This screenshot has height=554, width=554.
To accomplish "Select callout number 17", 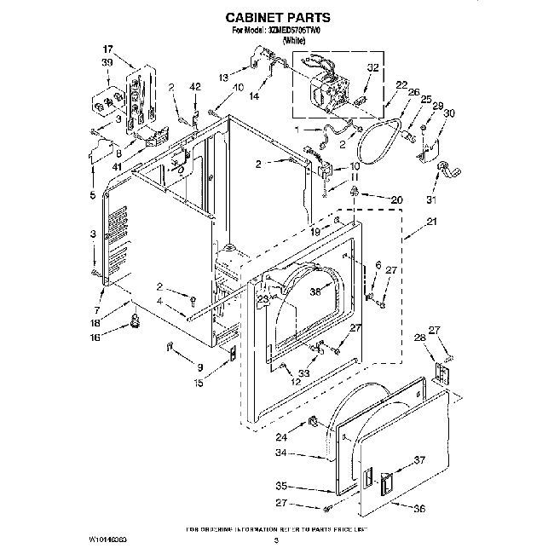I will [107, 49].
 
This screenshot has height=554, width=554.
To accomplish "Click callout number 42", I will [194, 87].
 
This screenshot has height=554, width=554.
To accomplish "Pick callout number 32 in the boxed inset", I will [372, 67].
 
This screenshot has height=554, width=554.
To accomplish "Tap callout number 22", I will [401, 84].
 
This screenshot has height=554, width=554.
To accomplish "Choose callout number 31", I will [430, 200].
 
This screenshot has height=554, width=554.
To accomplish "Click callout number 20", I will [396, 200].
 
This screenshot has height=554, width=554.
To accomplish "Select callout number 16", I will [95, 338].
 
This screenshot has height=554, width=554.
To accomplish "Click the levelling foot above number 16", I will [133, 320].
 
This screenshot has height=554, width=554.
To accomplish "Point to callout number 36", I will [418, 510].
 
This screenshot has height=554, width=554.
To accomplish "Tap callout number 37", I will [418, 460].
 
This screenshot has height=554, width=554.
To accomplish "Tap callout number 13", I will [223, 78].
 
